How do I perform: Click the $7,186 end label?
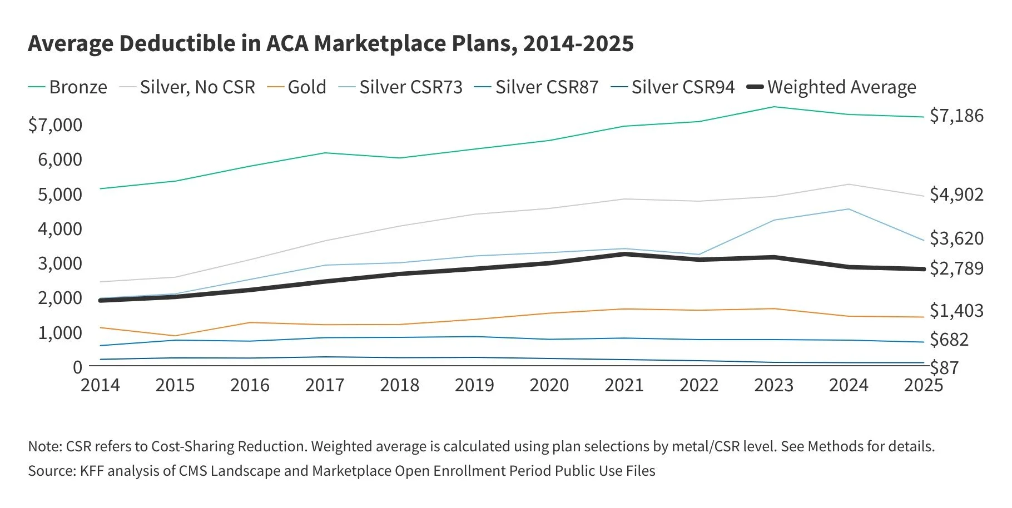click(956, 116)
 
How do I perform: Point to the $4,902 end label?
click(956, 195)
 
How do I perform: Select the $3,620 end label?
click(956, 238)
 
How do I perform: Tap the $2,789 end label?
click(956, 268)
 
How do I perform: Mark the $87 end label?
click(944, 368)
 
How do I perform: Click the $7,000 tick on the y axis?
click(55, 125)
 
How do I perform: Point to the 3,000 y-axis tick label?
click(60, 263)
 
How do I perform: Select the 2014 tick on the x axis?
click(100, 385)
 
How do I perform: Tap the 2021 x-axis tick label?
click(624, 385)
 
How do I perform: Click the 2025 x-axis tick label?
click(923, 385)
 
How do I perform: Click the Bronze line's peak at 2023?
click(773, 107)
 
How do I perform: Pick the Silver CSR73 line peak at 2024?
click(848, 209)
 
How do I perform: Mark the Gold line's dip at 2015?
click(175, 336)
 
